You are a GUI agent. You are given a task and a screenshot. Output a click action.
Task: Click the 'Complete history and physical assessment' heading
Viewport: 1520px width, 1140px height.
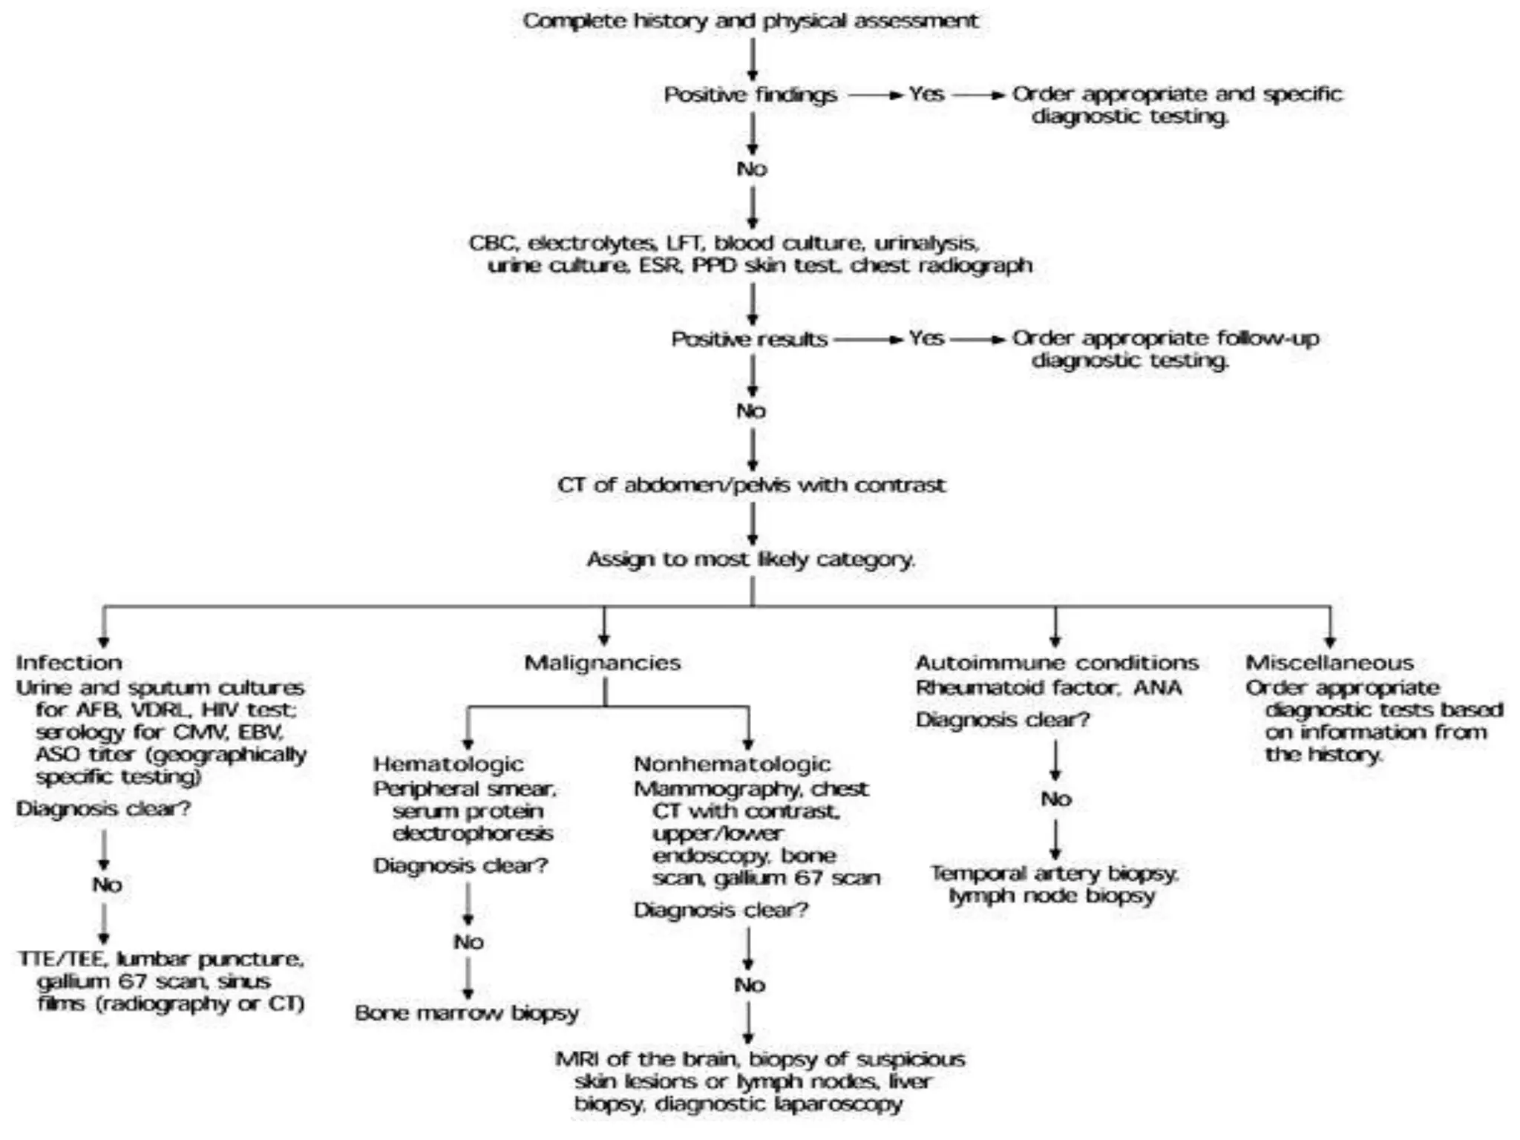pyautogui.click(x=750, y=21)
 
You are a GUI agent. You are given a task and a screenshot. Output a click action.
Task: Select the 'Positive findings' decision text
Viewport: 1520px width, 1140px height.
pyautogui.click(x=750, y=95)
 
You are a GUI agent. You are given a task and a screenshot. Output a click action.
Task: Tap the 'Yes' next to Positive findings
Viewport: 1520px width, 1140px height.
pyautogui.click(x=926, y=94)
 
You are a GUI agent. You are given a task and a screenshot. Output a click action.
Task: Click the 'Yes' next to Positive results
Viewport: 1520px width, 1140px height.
pyautogui.click(x=926, y=338)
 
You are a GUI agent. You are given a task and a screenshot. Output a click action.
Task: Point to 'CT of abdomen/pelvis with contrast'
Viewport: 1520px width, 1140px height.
pyautogui.click(x=751, y=485)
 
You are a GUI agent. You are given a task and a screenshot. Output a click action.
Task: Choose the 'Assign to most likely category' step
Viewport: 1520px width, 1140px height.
pyautogui.click(x=750, y=559)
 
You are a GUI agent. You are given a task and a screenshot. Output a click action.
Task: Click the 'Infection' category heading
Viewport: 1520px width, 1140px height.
pyautogui.click(x=69, y=663)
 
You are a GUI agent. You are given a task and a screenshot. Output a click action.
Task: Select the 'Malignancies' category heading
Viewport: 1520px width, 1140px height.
pyautogui.click(x=602, y=663)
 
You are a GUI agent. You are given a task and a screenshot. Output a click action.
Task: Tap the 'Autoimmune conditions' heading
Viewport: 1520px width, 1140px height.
pyautogui.click(x=1056, y=663)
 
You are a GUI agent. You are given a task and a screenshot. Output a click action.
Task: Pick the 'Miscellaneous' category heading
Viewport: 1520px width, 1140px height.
pyautogui.click(x=1329, y=663)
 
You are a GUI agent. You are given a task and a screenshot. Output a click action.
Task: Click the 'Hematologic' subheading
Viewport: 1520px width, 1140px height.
pyautogui.click(x=448, y=764)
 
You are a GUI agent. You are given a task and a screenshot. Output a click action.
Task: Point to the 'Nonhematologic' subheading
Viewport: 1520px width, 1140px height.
pyautogui.click(x=732, y=764)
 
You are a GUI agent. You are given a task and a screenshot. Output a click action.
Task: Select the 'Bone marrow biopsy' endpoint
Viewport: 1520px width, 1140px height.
pyautogui.click(x=467, y=1013)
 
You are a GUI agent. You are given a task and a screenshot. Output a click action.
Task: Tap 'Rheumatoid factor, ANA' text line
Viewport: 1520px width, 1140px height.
pyautogui.click(x=1048, y=688)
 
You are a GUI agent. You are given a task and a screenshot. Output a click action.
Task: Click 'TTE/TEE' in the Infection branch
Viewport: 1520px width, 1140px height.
pyautogui.click(x=62, y=959)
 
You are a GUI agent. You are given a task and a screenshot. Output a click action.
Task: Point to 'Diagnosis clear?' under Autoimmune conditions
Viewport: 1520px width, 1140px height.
pyautogui.click(x=1002, y=720)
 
